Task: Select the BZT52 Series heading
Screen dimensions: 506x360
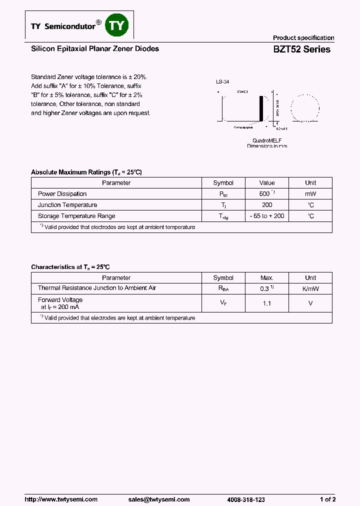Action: click(x=301, y=49)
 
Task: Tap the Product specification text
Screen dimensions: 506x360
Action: click(x=303, y=38)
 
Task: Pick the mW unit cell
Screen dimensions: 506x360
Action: click(x=310, y=193)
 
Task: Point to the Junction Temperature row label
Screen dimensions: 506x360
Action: click(x=67, y=205)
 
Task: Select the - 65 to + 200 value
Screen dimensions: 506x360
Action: click(x=267, y=216)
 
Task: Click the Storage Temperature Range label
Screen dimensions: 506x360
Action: click(x=76, y=216)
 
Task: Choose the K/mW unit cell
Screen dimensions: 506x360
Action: click(x=310, y=288)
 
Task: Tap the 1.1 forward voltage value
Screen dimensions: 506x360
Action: click(x=267, y=303)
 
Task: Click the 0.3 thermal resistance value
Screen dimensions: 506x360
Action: click(x=265, y=288)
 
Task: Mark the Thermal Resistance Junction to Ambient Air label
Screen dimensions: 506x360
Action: click(x=97, y=288)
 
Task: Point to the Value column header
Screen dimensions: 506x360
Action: click(x=267, y=183)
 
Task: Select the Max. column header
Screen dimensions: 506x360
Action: click(x=267, y=278)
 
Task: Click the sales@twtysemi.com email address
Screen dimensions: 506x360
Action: click(x=159, y=499)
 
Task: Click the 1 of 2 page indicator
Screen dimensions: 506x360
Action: click(x=327, y=499)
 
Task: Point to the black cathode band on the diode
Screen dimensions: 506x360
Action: click(x=260, y=107)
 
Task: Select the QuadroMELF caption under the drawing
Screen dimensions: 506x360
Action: click(x=267, y=140)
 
